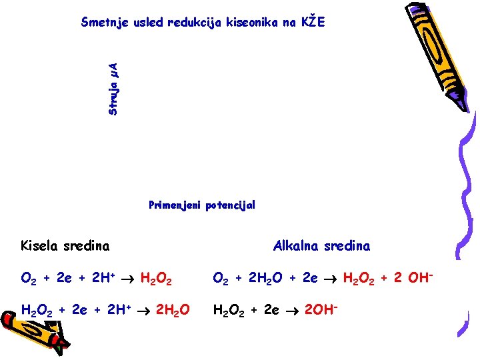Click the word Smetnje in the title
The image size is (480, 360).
104,22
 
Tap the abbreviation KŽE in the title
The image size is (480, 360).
311,21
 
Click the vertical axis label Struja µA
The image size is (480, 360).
113,87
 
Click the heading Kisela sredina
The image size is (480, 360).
65,245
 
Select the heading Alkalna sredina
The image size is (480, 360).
321,245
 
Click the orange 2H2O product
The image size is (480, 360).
172,310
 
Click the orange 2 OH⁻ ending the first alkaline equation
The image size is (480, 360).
414,277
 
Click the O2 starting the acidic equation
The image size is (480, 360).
29,278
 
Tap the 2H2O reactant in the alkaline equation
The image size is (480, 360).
255,278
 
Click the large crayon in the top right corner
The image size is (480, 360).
430,53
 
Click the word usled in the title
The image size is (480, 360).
146,22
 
